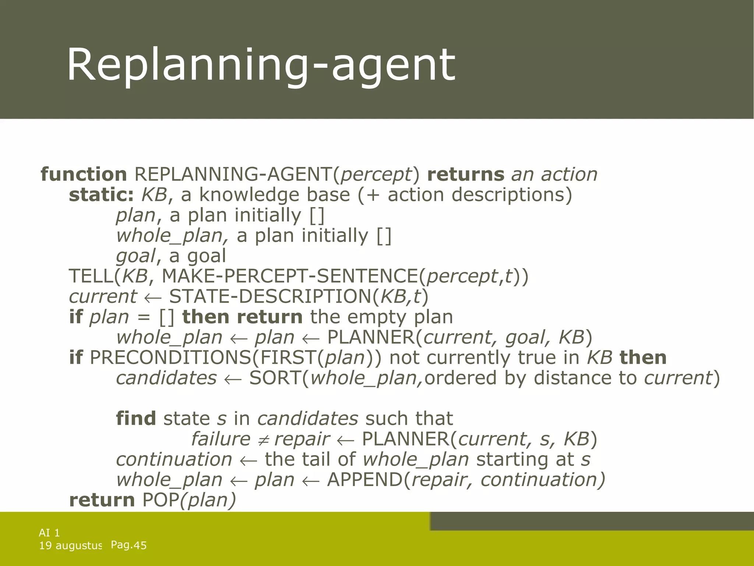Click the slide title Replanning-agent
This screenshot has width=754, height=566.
click(261, 65)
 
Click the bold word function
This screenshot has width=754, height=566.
click(84, 174)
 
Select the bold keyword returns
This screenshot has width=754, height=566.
click(465, 174)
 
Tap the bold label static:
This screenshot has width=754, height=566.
click(101, 195)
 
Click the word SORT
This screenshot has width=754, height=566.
click(275, 378)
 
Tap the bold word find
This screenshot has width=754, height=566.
click(136, 419)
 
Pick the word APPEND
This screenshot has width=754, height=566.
click(364, 480)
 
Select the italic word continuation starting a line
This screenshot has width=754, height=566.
click(174, 460)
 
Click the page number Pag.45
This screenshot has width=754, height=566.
click(128, 545)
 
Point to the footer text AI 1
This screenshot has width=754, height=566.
click(49, 532)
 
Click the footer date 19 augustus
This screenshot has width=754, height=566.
click(70, 545)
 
